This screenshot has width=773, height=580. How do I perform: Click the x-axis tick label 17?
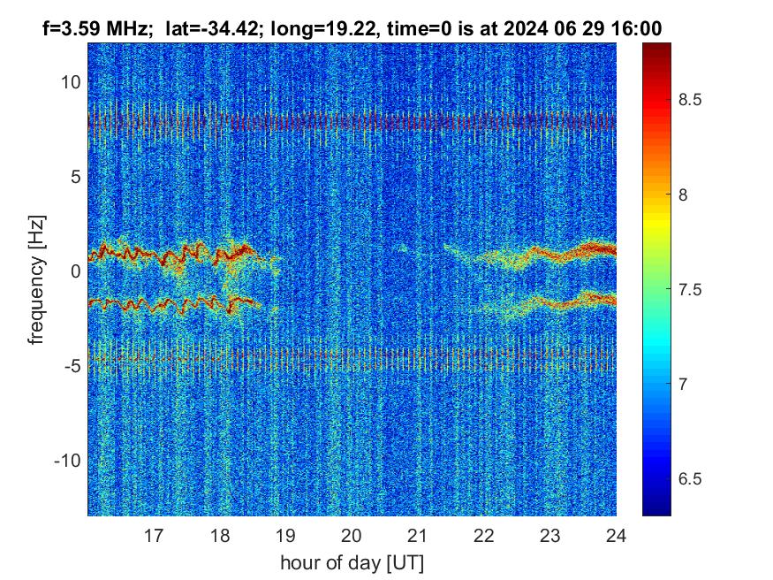[154, 535]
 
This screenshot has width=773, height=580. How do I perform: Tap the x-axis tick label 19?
[285, 535]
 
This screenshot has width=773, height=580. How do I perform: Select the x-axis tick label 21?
[418, 535]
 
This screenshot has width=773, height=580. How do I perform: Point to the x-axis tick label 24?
[616, 535]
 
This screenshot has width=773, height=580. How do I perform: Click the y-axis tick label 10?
[70, 82]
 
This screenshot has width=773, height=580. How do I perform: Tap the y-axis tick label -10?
[67, 461]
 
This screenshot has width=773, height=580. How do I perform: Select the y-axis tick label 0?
[76, 271]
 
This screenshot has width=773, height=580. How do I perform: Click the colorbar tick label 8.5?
[691, 100]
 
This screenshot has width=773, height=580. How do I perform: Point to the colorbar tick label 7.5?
[691, 289]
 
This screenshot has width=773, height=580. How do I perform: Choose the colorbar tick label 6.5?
[691, 478]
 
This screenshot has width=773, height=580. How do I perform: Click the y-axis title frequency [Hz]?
[36, 279]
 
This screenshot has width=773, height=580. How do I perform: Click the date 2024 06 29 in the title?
[564, 28]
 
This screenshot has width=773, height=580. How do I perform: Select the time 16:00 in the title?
[640, 28]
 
